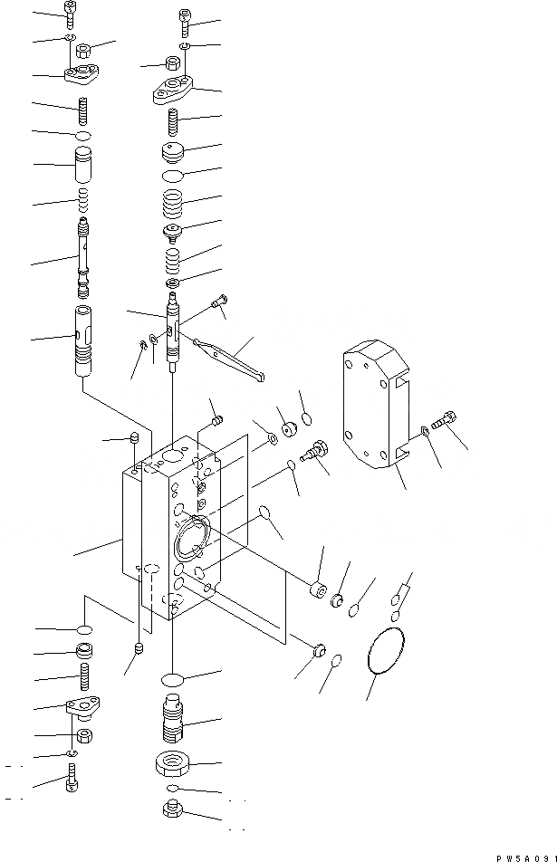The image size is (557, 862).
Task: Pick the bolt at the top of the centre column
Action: point(184,18)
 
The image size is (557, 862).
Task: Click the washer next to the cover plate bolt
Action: point(425,432)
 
